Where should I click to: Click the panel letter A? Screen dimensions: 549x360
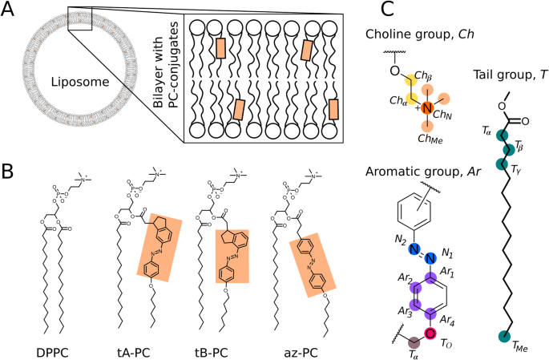tap(8, 10)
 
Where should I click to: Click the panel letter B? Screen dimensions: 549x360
tap(7, 172)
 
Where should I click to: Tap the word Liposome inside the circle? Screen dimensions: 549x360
tap(80, 82)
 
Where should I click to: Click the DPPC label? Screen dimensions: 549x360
tap(52, 352)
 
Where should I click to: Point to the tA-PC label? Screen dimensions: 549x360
tap(133, 352)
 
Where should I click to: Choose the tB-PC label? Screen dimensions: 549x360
tap(212, 352)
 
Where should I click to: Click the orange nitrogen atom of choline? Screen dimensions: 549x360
tap(427, 108)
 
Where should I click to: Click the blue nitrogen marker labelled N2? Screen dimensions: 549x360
tap(414, 249)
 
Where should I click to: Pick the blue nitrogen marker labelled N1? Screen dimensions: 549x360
tap(430, 259)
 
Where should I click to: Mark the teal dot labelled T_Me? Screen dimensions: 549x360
tap(504, 336)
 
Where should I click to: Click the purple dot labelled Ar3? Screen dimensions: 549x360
tap(415, 305)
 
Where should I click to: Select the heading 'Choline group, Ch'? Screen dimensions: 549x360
tap(420, 34)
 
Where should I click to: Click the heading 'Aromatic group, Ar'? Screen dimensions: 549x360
tap(423, 172)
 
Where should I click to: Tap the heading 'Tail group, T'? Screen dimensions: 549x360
tap(510, 75)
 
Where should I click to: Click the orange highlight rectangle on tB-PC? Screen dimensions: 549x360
tap(232, 256)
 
